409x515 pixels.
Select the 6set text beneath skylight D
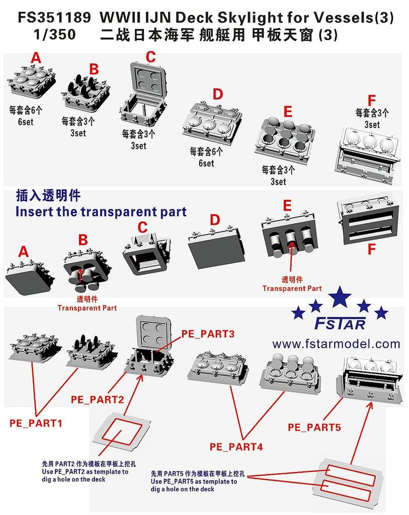[x=206, y=163]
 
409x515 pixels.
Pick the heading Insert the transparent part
[x=101, y=211]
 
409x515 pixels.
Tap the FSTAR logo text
[x=340, y=323]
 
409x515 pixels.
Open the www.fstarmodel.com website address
[x=336, y=344]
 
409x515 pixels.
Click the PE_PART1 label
[x=36, y=423]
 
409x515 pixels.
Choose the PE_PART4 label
[x=236, y=446]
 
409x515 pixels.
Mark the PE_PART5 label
[x=314, y=427]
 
